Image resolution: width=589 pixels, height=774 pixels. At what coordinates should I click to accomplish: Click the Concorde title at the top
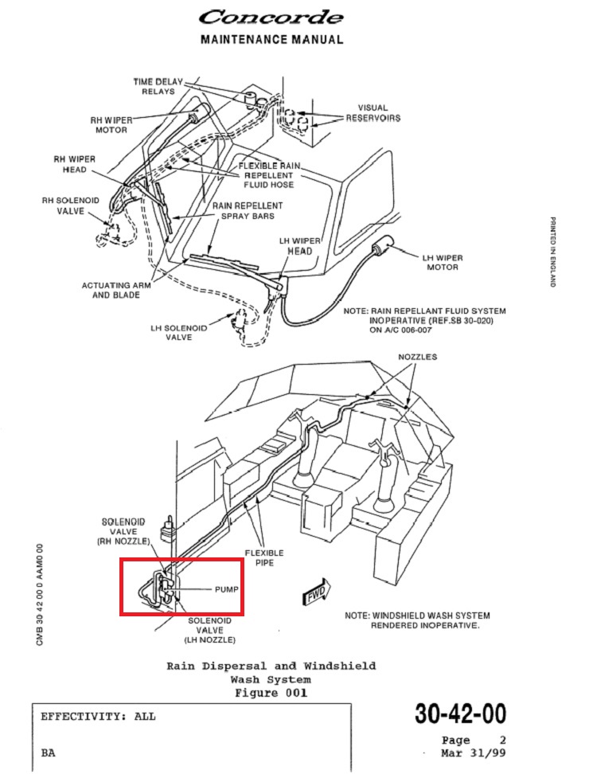coord(271,17)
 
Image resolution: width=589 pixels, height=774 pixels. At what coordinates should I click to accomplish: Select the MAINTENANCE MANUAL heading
coord(272,39)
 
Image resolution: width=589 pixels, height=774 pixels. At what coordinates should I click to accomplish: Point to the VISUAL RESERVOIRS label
coord(373,112)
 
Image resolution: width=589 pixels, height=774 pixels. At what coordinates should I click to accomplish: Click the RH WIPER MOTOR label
coord(111,124)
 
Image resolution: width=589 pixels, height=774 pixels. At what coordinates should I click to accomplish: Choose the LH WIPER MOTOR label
coord(443,262)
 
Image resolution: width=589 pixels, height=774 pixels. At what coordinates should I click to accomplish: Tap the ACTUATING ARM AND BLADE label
coord(111,290)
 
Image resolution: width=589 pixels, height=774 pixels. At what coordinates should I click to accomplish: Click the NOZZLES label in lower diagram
coord(417,358)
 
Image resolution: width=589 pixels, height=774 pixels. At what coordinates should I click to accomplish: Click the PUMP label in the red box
coord(226,590)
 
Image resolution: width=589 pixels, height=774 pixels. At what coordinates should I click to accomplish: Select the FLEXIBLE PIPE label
coord(264,557)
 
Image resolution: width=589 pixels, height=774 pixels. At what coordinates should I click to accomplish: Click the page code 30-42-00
coord(459,714)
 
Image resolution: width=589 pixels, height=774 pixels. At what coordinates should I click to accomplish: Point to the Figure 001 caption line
coord(271,693)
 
